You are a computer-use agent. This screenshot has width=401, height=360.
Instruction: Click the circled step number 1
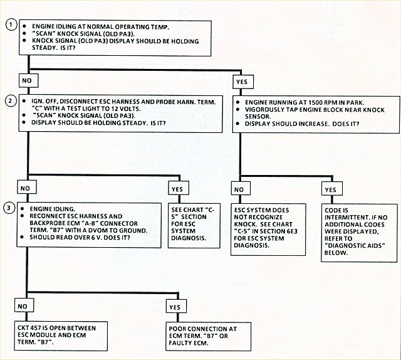click(x=10, y=24)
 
